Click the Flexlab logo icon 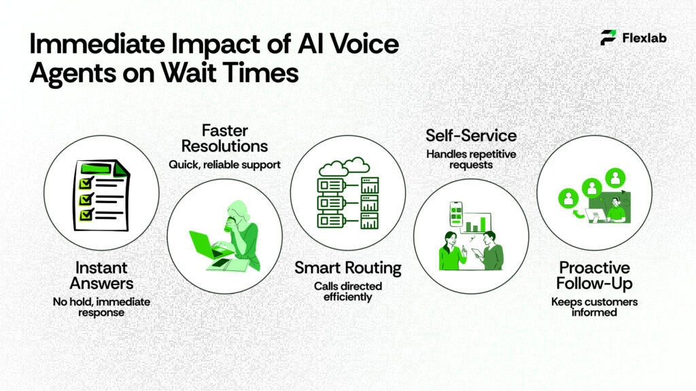tap(608, 37)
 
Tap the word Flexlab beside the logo tap(644, 38)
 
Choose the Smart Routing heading tap(348, 267)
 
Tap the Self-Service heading tap(471, 136)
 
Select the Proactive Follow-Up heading tap(594, 276)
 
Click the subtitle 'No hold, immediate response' tap(101, 307)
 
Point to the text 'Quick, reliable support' tap(224, 164)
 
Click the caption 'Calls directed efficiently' tap(348, 291)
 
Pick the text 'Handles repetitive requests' tap(471, 160)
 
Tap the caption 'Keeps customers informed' tap(594, 307)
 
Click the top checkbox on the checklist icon tap(86, 183)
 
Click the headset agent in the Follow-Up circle tap(616, 207)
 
